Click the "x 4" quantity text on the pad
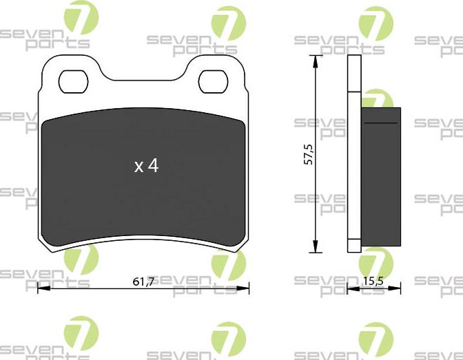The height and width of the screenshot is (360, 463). [146, 166]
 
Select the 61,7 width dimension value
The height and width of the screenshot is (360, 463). [143, 281]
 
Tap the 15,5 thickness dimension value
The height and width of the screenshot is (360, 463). [373, 281]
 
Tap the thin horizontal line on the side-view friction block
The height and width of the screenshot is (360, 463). [380, 123]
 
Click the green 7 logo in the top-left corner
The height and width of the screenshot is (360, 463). [81, 19]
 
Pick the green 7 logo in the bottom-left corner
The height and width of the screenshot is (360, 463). [81, 335]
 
